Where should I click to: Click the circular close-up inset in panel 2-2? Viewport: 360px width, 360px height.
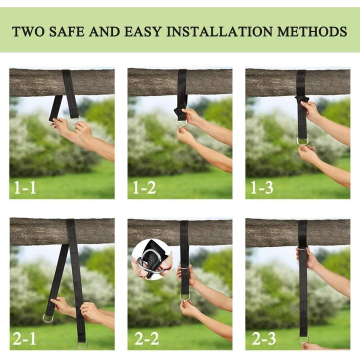[151, 258]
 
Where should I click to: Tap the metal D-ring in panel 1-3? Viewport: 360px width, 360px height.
[302, 141]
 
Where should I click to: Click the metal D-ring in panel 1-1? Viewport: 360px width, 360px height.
[74, 120]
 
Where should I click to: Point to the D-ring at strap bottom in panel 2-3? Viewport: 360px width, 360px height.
[303, 339]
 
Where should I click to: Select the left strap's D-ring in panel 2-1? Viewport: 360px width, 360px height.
[48, 318]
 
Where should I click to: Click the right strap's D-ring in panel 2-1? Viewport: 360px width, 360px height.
[82, 344]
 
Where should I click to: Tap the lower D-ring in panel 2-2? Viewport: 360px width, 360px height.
[185, 296]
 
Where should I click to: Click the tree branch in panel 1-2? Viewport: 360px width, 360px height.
[155, 82]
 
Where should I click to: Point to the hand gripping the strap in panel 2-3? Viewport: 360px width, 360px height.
[306, 257]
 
